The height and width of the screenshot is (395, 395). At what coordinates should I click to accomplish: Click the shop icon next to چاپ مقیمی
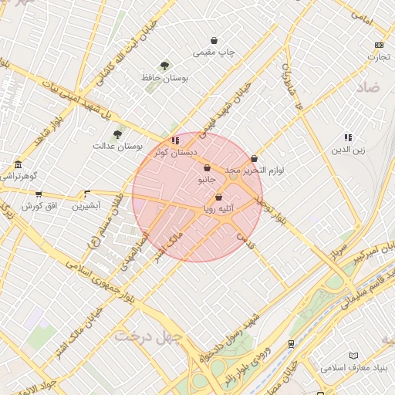[214, 41]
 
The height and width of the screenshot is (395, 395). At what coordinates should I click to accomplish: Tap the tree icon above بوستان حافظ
[164, 66]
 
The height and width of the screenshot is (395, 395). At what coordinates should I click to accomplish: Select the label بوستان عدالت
[114, 146]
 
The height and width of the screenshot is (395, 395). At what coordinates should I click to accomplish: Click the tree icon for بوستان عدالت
[117, 134]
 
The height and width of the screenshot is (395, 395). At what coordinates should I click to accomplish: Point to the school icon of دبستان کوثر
[176, 140]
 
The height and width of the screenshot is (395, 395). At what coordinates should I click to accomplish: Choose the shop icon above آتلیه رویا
[219, 197]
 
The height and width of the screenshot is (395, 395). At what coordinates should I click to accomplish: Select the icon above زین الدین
[348, 137]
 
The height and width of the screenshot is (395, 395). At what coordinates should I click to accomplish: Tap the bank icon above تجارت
[378, 45]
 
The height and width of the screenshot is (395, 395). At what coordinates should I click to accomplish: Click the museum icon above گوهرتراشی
[18, 164]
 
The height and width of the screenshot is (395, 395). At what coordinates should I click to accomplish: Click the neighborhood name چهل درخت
[147, 336]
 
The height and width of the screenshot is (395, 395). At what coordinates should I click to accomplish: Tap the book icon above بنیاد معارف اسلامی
[353, 356]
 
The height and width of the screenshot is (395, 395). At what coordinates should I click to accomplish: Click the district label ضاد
[368, 89]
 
